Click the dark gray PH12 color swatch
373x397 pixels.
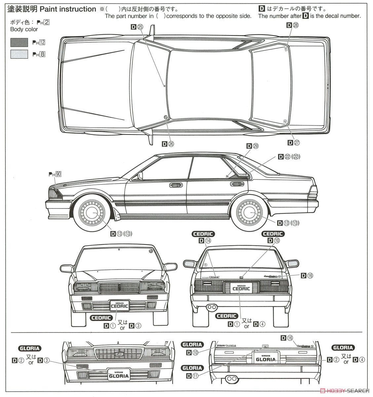pyautogui.click(x=19, y=42)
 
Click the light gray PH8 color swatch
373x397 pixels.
pyautogui.click(x=19, y=54)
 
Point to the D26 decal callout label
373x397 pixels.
pyautogui.click(x=168, y=144)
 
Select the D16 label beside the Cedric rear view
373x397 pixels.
pyautogui.click(x=306, y=275)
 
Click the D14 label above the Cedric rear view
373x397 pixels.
pyautogui.click(x=205, y=241)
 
